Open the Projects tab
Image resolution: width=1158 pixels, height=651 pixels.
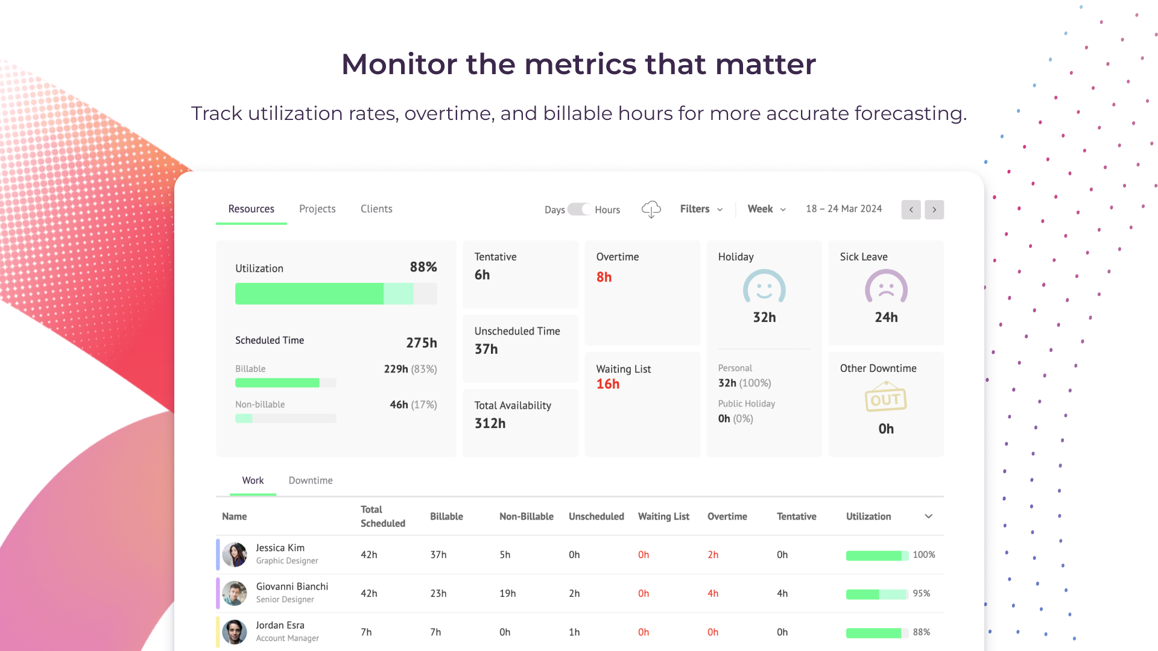point(317,209)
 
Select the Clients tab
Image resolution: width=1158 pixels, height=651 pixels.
point(376,209)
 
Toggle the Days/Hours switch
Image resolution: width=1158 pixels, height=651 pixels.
point(579,209)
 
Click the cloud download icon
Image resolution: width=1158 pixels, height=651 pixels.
point(651,209)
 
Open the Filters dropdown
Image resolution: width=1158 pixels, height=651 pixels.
point(701,209)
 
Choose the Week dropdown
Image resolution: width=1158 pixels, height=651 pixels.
point(766,209)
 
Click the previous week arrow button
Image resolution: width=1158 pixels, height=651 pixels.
point(911,210)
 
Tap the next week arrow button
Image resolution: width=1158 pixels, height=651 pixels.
point(934,210)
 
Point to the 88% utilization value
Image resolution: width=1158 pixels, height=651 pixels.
point(423,267)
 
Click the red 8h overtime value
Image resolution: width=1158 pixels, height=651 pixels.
point(604,277)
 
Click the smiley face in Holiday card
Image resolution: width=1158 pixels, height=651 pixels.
point(764,287)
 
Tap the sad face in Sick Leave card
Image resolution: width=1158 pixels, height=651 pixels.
point(886,287)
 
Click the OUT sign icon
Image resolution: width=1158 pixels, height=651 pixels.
point(885,398)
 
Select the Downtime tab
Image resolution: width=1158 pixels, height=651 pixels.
point(311,480)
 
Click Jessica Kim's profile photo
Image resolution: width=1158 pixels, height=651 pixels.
point(235,555)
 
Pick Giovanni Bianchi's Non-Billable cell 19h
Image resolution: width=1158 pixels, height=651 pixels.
point(507,594)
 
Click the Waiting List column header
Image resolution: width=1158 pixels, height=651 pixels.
point(663,517)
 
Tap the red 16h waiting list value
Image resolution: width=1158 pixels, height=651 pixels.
point(608,384)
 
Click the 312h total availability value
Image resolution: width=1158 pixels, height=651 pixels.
point(490,423)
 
